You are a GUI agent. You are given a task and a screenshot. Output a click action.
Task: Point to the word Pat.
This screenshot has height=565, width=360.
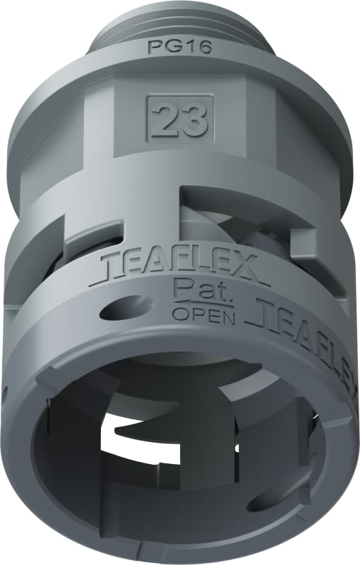193,289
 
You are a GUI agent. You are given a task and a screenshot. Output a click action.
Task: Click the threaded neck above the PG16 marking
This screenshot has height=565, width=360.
180,21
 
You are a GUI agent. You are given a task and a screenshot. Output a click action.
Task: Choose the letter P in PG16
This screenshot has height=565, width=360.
154,47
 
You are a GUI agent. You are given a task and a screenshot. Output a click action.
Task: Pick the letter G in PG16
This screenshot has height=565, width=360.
172,47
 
